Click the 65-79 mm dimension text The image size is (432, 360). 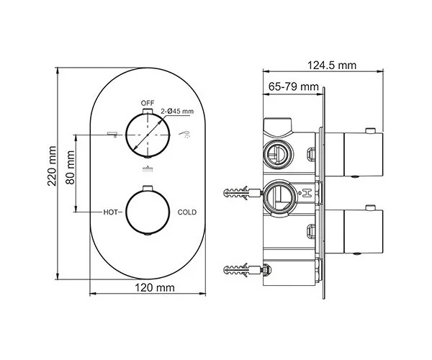tap(294, 87)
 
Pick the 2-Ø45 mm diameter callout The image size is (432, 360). tap(177, 111)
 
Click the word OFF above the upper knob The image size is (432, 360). tap(148, 102)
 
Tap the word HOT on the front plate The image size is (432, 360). tap(110, 212)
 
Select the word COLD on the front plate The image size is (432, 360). tap(187, 212)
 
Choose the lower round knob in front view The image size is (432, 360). tap(148, 212)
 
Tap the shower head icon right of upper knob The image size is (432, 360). tap(185, 133)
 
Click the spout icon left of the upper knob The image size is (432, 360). tap(111, 133)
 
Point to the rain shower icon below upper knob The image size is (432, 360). tap(148, 170)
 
